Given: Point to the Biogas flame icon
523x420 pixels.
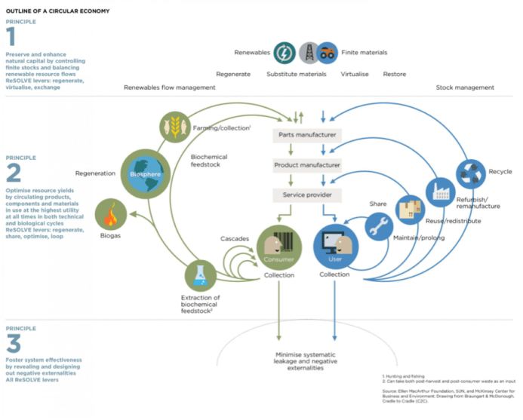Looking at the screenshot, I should point(111,216).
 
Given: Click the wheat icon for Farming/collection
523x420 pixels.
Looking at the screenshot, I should point(174,126).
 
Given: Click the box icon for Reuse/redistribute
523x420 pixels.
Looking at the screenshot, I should point(411,209).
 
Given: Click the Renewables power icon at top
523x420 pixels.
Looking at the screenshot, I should point(285,53).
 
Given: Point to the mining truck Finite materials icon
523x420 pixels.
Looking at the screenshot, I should point(327,53).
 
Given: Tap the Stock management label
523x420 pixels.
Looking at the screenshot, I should point(465,87).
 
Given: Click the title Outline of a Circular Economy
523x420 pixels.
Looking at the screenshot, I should point(57,11).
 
